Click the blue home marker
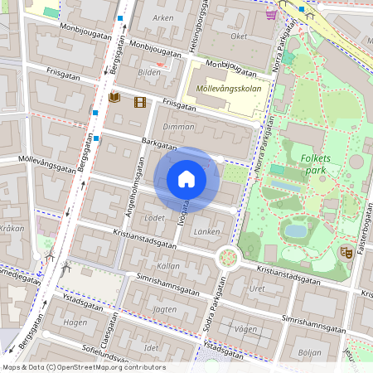pyautogui.click(x=186, y=180)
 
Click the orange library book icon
pyautogui.click(x=114, y=99)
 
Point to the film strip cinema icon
pyautogui.click(x=138, y=102)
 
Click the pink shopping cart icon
pyautogui.click(x=271, y=13)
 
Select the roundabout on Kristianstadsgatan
pyautogui.click(x=227, y=258)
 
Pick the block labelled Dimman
pyautogui.click(x=179, y=127)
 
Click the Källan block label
pyautogui.click(x=167, y=266)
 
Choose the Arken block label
pyautogui.click(x=163, y=17)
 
